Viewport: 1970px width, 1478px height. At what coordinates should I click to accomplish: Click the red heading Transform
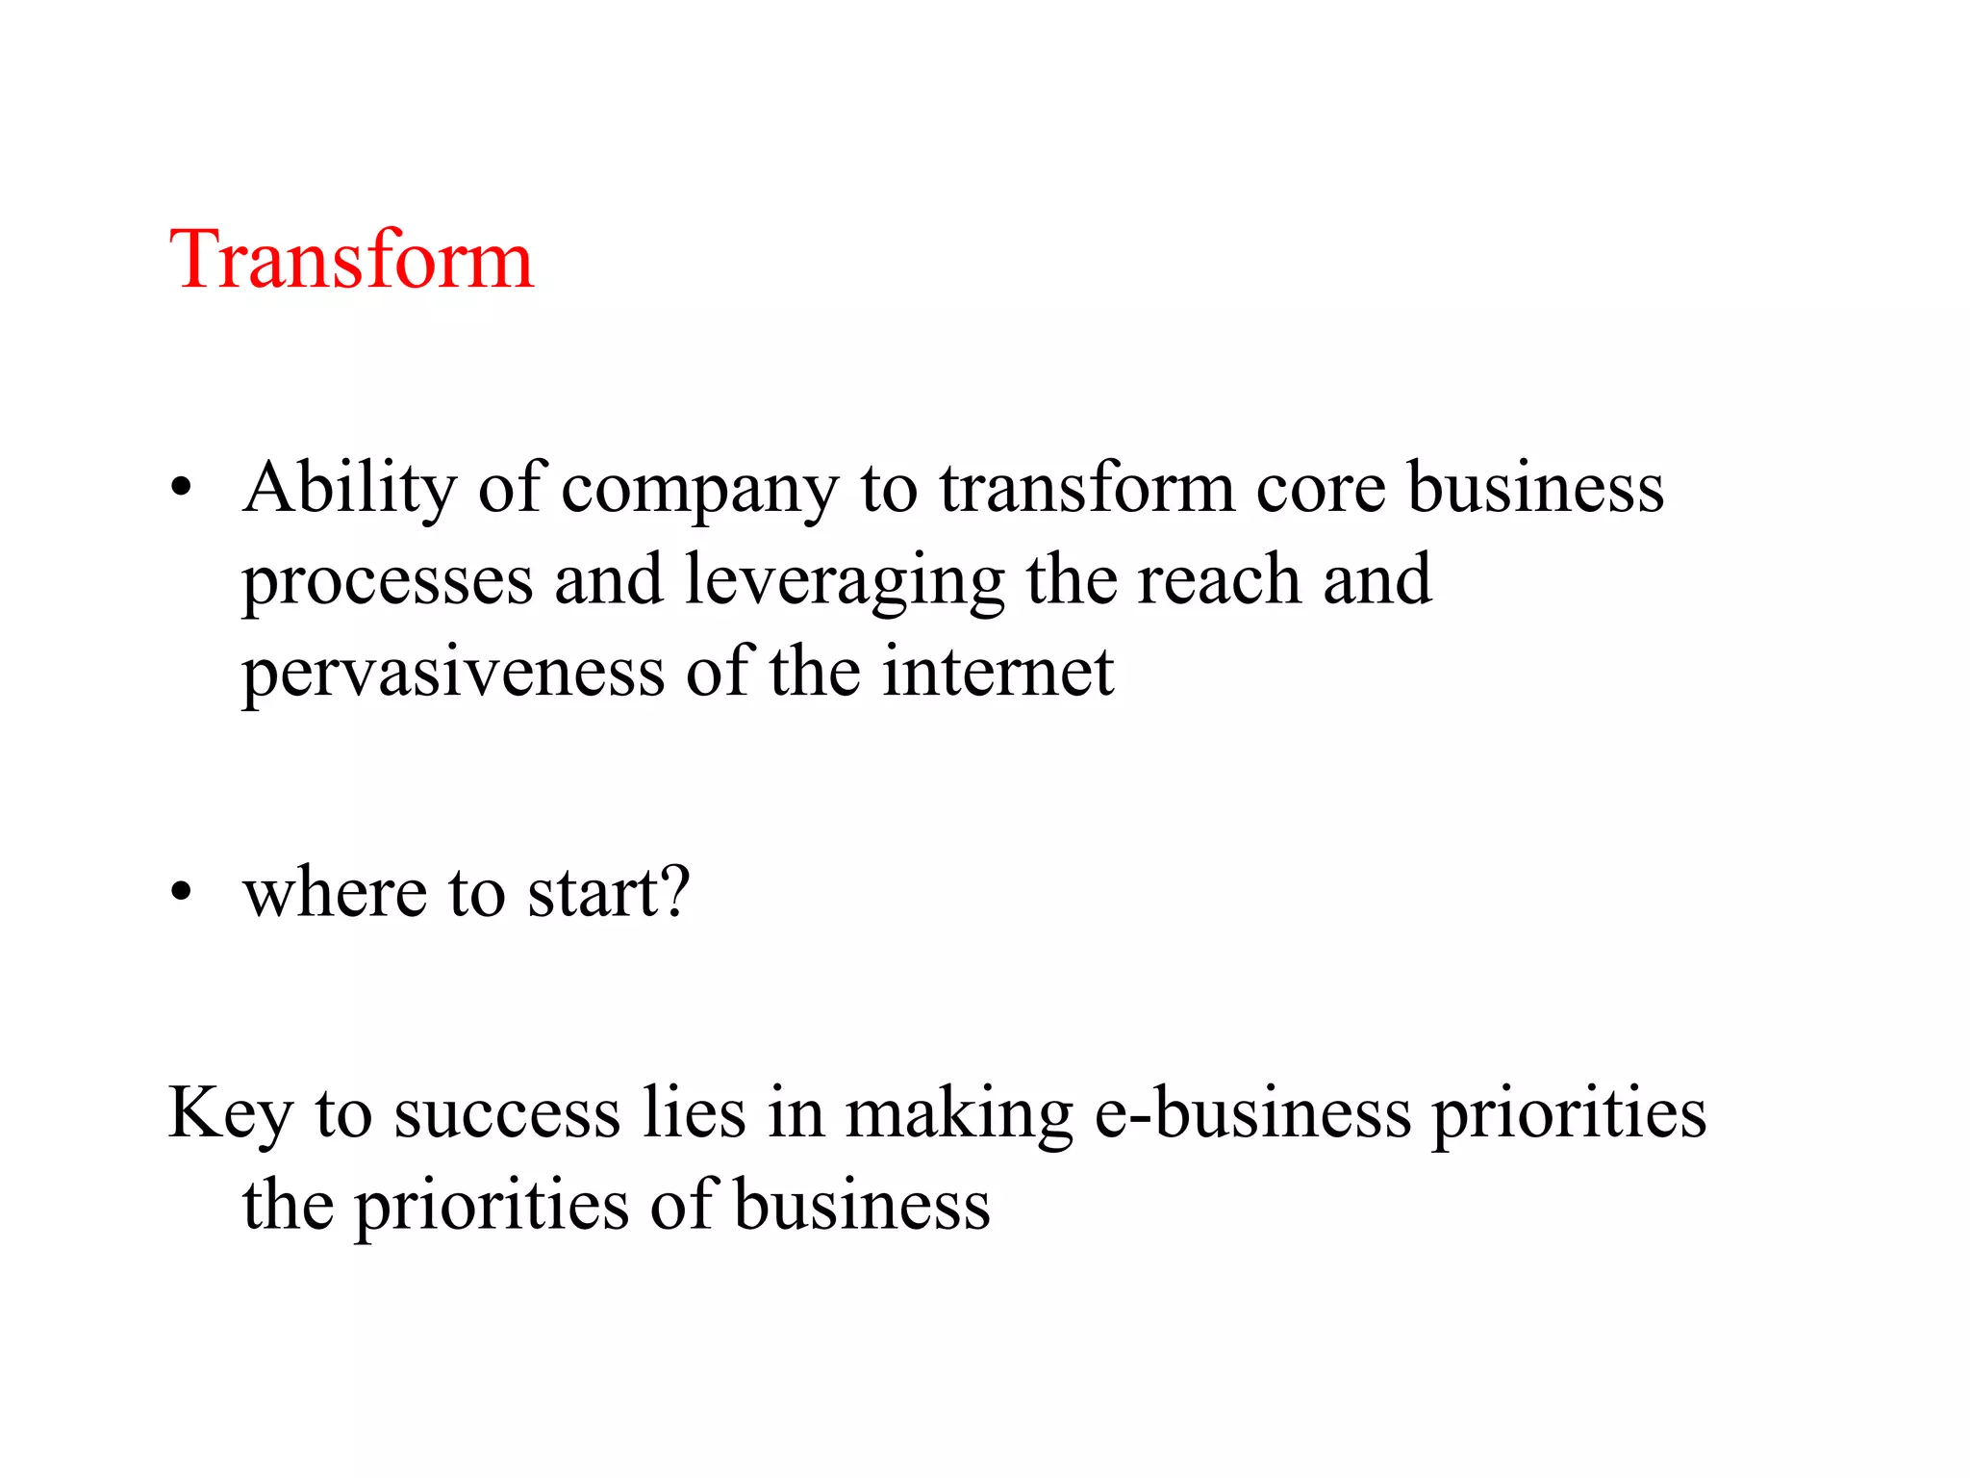(x=351, y=260)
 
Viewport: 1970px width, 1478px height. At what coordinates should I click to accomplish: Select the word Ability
(x=349, y=488)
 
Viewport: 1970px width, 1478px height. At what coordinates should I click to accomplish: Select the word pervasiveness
(x=453, y=674)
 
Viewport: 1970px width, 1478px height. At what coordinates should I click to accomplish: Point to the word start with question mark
(x=609, y=892)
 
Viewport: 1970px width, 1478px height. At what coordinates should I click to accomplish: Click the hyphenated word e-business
(x=1253, y=1112)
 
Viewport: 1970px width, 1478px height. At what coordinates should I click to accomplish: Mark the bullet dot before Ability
(x=181, y=489)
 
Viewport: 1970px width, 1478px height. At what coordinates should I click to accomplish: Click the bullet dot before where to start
(x=181, y=893)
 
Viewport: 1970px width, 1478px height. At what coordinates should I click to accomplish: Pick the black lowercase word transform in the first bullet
(x=1087, y=488)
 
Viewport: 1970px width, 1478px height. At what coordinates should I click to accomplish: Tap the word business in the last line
(x=862, y=1205)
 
